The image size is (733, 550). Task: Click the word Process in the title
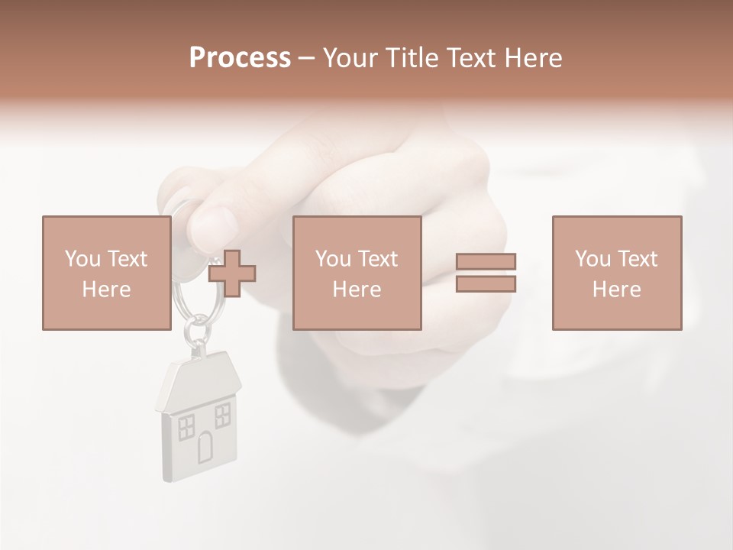(x=240, y=58)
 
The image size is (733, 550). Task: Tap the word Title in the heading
(x=412, y=58)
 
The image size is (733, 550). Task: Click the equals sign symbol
(x=486, y=273)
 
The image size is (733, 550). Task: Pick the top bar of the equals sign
(x=486, y=262)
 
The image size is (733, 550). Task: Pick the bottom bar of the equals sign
(x=486, y=284)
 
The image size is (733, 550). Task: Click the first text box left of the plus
(x=106, y=273)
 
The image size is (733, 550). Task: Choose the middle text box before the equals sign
(x=357, y=273)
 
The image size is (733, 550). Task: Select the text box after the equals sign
(x=616, y=273)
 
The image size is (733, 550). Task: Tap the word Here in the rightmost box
(x=616, y=290)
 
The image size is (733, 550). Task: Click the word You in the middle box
(x=333, y=259)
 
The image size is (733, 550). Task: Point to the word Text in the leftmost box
(x=127, y=259)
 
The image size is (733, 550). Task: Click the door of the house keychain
(x=205, y=446)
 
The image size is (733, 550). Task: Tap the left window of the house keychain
(x=186, y=427)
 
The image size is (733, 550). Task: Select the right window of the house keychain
(x=222, y=415)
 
